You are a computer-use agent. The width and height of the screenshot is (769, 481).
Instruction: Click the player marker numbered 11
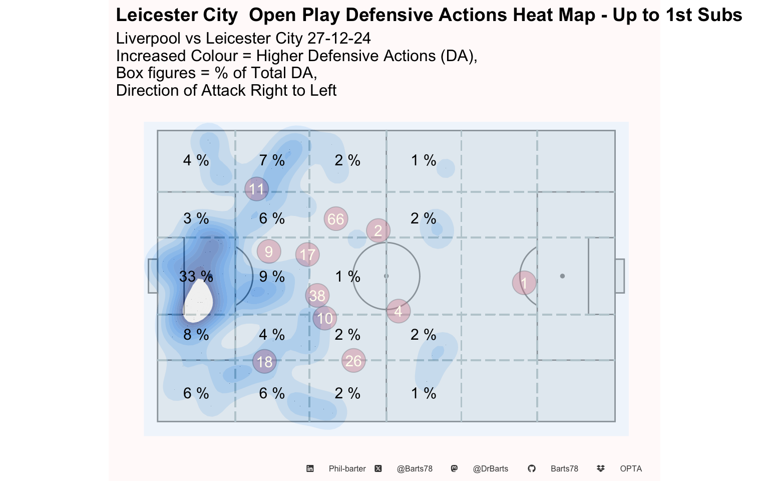point(257,189)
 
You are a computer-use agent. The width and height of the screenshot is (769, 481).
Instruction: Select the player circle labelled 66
point(336,219)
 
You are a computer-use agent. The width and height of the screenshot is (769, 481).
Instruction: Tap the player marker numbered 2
point(378,230)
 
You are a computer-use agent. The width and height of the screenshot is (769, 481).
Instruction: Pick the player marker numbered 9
point(269,252)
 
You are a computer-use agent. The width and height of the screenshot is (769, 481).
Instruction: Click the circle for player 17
point(307,255)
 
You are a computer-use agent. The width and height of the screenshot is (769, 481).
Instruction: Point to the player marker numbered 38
point(317,296)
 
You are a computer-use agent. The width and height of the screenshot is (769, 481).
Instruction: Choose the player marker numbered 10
point(325,318)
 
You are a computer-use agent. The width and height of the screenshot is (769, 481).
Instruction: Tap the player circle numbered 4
point(398,311)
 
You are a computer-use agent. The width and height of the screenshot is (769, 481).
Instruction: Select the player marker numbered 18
point(264,361)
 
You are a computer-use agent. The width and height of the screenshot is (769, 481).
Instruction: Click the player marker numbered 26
point(353,361)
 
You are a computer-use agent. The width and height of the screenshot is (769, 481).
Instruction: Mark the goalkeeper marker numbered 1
point(524,283)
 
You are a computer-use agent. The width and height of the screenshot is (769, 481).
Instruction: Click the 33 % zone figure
point(196,277)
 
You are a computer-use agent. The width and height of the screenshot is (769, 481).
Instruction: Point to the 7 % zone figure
point(272,160)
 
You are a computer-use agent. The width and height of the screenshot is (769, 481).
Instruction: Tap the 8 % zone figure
point(196,335)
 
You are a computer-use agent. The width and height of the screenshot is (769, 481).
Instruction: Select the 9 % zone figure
point(272,277)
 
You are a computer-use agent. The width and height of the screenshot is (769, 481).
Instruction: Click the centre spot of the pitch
point(386,276)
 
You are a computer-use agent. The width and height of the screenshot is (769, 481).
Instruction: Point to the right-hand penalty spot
point(562,276)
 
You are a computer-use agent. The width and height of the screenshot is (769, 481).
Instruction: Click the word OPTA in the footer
point(631,468)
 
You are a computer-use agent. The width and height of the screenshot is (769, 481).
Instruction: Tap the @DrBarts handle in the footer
point(490,468)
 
